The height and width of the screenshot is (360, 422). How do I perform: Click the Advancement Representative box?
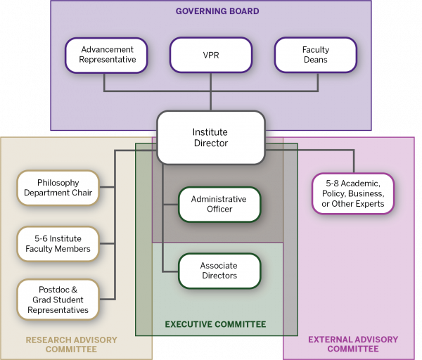[x=106, y=55]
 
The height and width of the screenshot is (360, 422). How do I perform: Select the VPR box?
[x=210, y=55]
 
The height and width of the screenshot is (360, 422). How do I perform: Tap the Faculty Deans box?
[x=315, y=55]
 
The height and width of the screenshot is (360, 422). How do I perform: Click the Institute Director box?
[x=210, y=137]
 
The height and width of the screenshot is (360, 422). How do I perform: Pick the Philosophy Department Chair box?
[x=58, y=188]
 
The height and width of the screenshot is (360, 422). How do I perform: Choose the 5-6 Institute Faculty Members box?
[x=58, y=243]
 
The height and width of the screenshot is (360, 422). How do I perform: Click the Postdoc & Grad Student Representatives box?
[x=58, y=299]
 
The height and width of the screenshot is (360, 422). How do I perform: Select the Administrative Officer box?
[x=219, y=204]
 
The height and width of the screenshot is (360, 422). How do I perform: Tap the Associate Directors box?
[x=219, y=271]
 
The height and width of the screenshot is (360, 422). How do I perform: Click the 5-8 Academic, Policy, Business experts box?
[x=353, y=193]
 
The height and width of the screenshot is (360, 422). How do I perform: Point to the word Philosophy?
[x=58, y=183]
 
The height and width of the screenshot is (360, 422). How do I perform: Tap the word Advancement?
[x=107, y=50]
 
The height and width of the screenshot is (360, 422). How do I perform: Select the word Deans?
[x=316, y=60]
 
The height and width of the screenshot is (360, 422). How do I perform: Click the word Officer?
[x=219, y=209]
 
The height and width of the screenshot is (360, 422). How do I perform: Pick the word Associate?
[x=219, y=266]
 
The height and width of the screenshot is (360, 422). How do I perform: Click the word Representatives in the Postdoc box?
[x=58, y=309]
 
